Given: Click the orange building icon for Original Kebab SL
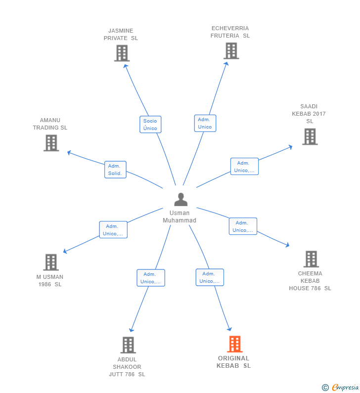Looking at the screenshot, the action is pyautogui.click(x=235, y=344).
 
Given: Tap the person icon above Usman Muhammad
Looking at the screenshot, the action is pyautogui.click(x=181, y=200).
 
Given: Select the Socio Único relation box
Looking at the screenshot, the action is pyautogui.click(x=150, y=124).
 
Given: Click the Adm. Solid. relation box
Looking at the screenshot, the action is pyautogui.click(x=115, y=170).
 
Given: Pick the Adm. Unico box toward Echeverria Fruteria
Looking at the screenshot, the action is pyautogui.click(x=205, y=123).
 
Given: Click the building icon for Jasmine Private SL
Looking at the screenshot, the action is pyautogui.click(x=122, y=53).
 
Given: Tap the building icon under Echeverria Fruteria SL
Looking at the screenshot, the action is pyautogui.click(x=231, y=51).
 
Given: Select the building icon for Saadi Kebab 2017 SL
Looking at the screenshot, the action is pyautogui.click(x=310, y=136).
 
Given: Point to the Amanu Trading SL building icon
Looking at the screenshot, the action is pyautogui.click(x=51, y=143).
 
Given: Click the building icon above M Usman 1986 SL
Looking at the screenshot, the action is pyautogui.click(x=51, y=262).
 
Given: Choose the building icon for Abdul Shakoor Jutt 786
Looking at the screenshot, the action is pyautogui.click(x=128, y=345).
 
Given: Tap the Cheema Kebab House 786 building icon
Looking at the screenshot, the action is pyautogui.click(x=311, y=259).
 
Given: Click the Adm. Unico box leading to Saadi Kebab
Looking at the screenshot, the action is pyautogui.click(x=244, y=166).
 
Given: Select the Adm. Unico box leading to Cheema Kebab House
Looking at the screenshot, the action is pyautogui.click(x=243, y=226).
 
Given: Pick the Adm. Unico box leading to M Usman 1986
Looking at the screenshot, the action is pyautogui.click(x=113, y=229).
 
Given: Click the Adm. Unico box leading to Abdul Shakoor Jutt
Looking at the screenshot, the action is pyautogui.click(x=151, y=278).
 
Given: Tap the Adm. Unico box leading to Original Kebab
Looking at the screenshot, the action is pyautogui.click(x=210, y=277).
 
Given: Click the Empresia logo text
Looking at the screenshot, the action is pyautogui.click(x=345, y=387).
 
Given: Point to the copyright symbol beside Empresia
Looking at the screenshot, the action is pyautogui.click(x=325, y=388).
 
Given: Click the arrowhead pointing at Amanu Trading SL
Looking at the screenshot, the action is pyautogui.click(x=69, y=153).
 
